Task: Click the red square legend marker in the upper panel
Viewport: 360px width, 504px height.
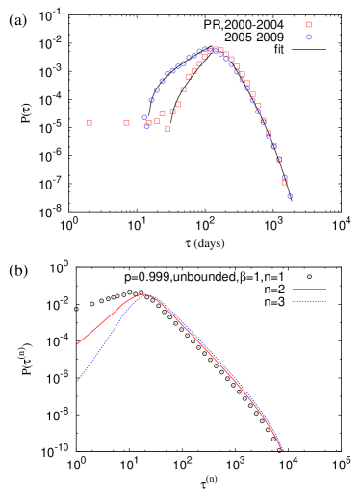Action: pos(309,25)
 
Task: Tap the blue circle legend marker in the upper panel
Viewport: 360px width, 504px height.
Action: pos(309,37)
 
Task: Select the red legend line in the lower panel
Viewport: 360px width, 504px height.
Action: pos(309,289)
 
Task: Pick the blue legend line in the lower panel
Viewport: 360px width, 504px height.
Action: pos(309,301)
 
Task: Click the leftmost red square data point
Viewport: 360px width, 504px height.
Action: pos(90,123)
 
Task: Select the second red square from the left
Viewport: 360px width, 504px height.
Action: pos(126,123)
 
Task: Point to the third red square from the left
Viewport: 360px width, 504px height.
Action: pos(148,123)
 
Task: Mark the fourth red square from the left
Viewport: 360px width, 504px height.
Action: pos(157,121)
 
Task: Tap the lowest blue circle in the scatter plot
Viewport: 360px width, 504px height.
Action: pos(290,196)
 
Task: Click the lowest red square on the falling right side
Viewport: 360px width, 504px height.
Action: pos(284,182)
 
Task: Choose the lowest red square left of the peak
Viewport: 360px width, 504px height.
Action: pos(167,129)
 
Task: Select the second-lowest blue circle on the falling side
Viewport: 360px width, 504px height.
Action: pos(284,177)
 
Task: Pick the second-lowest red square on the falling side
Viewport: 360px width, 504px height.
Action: pos(279,159)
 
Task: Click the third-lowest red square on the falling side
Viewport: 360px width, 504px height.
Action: pos(273,146)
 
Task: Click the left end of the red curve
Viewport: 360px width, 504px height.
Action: pos(78,343)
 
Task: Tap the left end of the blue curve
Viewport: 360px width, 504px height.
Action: pos(78,382)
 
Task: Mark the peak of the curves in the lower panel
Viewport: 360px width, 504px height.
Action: pos(144,294)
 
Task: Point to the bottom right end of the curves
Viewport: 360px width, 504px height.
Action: pos(282,450)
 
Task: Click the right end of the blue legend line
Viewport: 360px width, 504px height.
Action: pos(326,301)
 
